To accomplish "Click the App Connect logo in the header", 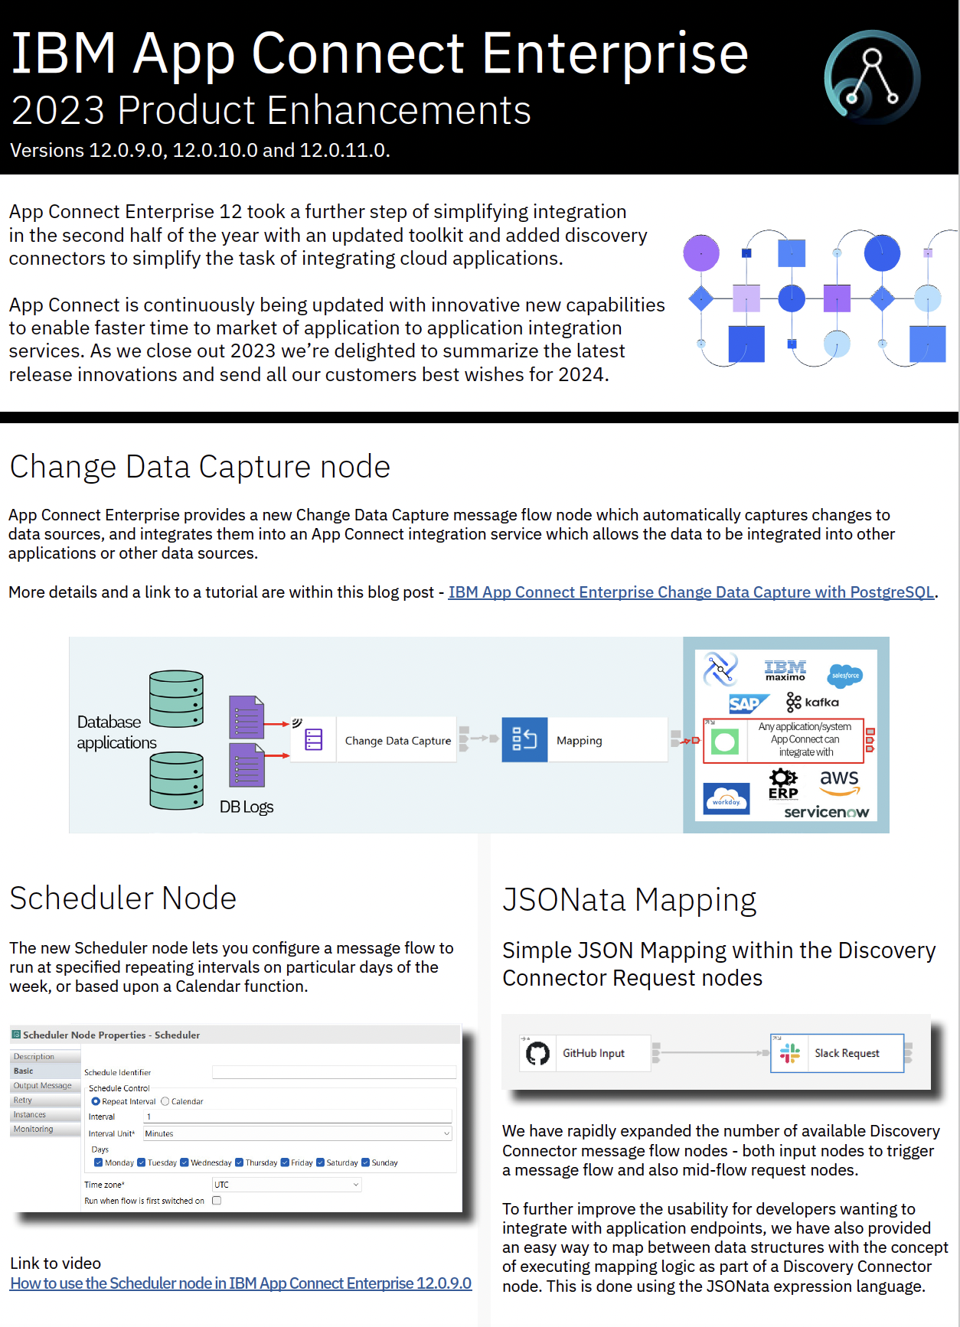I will [x=872, y=77].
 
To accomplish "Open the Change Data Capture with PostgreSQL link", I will [x=691, y=592].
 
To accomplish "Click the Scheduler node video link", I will [x=240, y=1283].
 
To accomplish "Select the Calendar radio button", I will [x=165, y=1101].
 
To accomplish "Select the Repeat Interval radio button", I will [x=96, y=1101].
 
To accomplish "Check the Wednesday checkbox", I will [x=184, y=1162].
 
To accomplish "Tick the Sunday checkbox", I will [x=365, y=1162].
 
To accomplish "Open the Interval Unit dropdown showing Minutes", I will [x=297, y=1133].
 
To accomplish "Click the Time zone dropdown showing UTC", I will [x=286, y=1185].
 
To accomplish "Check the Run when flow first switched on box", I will [x=217, y=1201].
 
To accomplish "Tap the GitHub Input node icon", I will [x=538, y=1054].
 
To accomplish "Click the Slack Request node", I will [x=846, y=1054].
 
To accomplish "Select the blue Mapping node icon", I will [x=524, y=739].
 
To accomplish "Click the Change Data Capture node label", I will [x=397, y=741].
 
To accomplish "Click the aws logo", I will [x=839, y=781].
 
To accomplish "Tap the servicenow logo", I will [x=826, y=812].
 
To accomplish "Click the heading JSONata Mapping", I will [x=629, y=900].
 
